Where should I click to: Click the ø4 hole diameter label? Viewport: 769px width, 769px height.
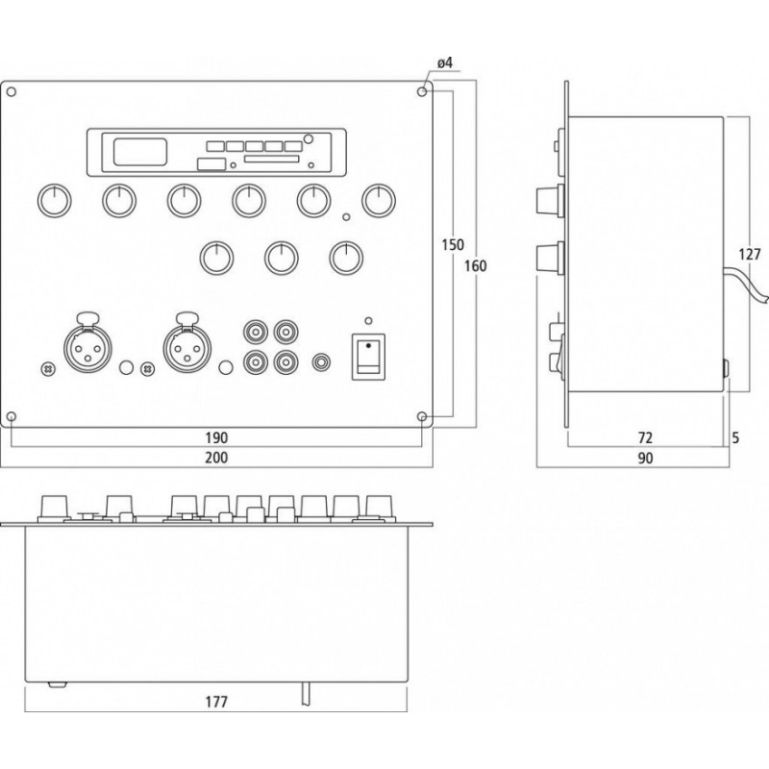(444, 63)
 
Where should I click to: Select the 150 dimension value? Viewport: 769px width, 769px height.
(444, 245)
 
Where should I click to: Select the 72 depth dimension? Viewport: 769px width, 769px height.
(645, 437)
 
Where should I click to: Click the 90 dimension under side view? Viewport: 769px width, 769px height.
(645, 459)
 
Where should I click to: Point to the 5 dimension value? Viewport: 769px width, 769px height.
(734, 437)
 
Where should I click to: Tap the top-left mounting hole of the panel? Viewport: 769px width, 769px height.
(12, 92)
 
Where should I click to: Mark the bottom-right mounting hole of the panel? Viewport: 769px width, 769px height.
(422, 416)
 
